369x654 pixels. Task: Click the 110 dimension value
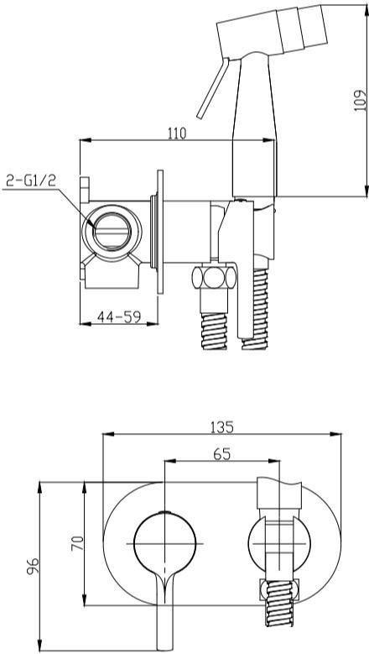pos(177,133)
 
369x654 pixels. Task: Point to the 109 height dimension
pos(360,101)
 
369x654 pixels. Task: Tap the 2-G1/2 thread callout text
pos(31,181)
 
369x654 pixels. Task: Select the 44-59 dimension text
pos(119,317)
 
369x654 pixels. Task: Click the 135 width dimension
pos(222,427)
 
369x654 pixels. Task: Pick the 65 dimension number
pos(222,454)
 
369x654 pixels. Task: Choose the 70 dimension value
pos(77,543)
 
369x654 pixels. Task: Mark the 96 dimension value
pos(34,566)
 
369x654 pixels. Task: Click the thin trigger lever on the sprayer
pos(213,88)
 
